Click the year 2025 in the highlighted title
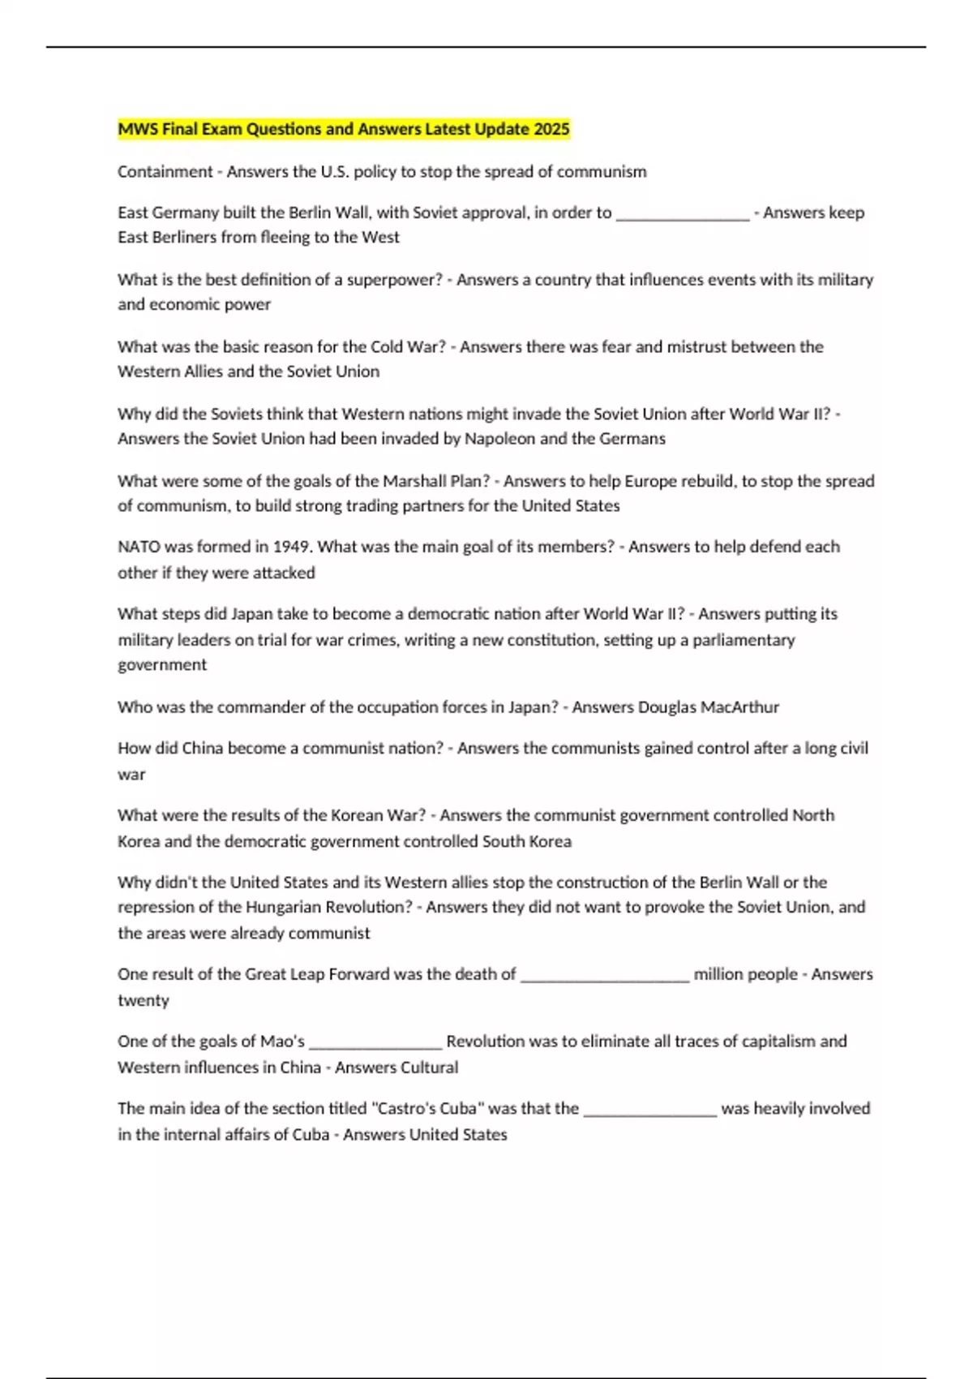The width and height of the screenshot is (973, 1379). [551, 129]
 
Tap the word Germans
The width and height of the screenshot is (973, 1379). [632, 439]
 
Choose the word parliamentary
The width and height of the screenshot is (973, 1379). [744, 640]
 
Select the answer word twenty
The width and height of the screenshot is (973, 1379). [143, 1000]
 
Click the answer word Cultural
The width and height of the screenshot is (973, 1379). [426, 1068]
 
